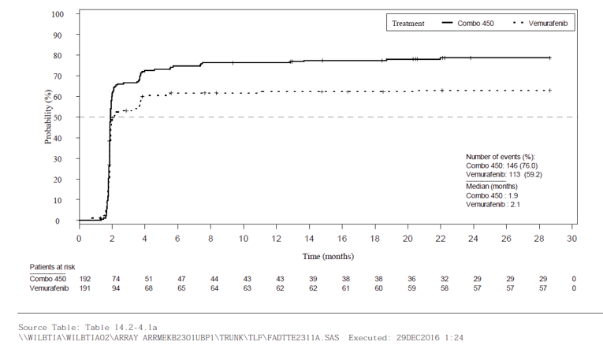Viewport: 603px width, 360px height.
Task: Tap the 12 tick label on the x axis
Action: click(x=276, y=238)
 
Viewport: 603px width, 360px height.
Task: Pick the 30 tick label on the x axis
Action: click(x=572, y=238)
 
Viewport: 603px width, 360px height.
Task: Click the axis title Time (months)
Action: click(x=328, y=256)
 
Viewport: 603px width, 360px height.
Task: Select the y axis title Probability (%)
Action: click(x=48, y=118)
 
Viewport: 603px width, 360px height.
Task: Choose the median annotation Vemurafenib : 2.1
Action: click(x=493, y=204)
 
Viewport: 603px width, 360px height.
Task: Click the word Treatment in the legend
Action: click(x=408, y=24)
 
